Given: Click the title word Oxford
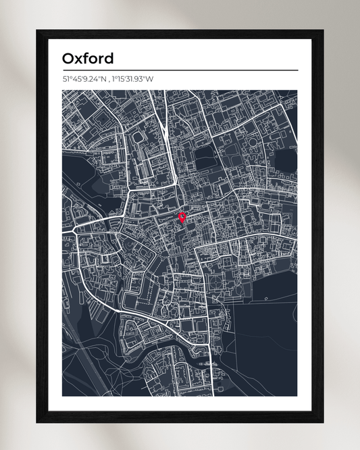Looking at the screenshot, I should [x=88, y=58].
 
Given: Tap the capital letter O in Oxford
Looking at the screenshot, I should [x=68, y=58].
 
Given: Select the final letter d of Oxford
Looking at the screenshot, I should [x=108, y=58].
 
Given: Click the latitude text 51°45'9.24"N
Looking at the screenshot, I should [x=84, y=79].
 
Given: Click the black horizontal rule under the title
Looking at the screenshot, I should [x=180, y=70].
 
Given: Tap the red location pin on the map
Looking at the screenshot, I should [x=182, y=217].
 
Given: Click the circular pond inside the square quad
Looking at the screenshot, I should [x=140, y=137].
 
